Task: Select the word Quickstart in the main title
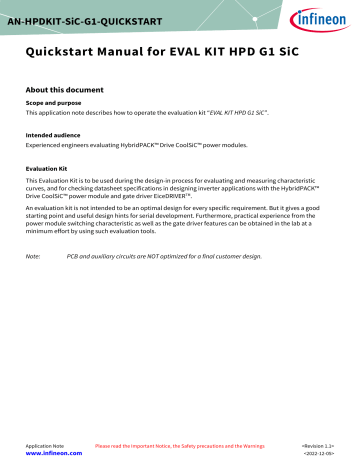[x=65, y=50]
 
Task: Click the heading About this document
[x=65, y=86]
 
